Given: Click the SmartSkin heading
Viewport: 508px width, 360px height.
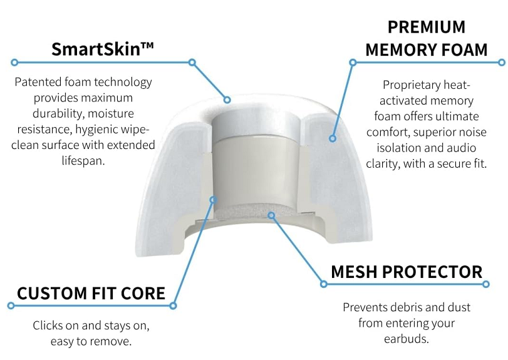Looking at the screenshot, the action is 102,49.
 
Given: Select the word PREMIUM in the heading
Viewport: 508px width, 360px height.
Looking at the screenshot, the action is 427,27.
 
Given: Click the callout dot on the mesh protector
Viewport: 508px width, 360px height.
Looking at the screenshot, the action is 271,215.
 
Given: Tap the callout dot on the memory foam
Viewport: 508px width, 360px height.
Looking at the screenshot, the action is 333,138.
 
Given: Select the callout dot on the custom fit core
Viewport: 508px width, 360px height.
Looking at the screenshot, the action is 213,200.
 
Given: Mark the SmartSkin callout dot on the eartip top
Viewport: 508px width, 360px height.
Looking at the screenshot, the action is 227,100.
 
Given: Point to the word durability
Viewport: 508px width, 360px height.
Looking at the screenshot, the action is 58,113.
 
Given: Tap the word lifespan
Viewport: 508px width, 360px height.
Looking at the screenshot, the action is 83,161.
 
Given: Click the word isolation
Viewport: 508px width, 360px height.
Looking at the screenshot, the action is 398,148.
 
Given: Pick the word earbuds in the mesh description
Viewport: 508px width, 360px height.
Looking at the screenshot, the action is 407,339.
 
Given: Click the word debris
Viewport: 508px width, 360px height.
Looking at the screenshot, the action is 407,307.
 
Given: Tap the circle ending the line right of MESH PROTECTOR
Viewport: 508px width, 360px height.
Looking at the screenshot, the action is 485,284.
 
